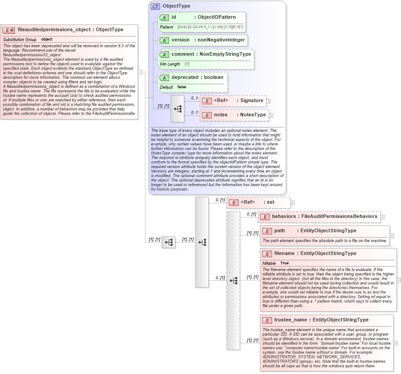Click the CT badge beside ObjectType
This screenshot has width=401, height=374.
click(x=155, y=6)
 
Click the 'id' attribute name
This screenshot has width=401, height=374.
click(x=174, y=17)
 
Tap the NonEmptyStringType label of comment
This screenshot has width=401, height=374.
click(x=225, y=54)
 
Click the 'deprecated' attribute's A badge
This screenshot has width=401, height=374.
click(x=164, y=78)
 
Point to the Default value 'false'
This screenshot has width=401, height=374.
click(x=182, y=87)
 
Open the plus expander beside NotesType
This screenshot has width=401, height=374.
click(x=271, y=115)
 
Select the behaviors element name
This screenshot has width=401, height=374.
click(x=284, y=217)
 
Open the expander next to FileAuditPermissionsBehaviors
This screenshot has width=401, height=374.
click(x=383, y=217)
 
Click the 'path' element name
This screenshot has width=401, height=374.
click(x=280, y=231)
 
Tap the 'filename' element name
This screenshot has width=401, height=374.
click(x=284, y=254)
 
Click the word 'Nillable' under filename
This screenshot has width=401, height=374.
click(x=269, y=263)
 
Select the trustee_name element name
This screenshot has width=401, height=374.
click(x=290, y=320)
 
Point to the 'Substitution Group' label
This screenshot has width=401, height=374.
click(x=20, y=40)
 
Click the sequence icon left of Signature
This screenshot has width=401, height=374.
click(x=178, y=108)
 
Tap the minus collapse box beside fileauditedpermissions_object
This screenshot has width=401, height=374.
click(x=140, y=72)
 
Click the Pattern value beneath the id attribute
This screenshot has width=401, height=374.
click(x=210, y=27)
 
